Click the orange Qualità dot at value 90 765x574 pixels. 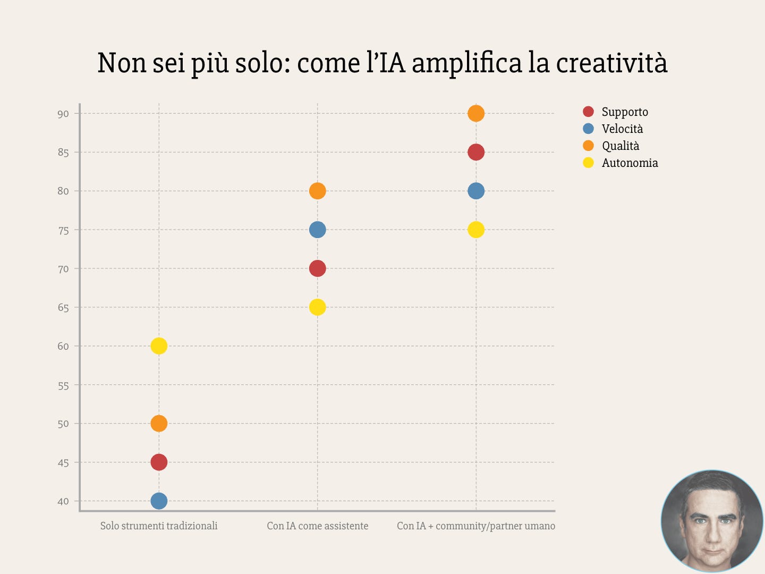point(476,113)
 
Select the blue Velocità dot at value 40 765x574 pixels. point(159,501)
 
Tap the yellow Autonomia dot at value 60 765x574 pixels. point(159,346)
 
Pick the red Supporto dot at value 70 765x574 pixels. point(317,268)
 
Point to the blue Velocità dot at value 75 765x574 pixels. point(317,230)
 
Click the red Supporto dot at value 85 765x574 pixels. point(476,152)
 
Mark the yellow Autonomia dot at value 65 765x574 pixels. point(317,307)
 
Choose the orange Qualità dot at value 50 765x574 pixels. point(159,424)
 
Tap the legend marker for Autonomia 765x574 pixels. point(588,163)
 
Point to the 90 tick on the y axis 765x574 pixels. point(63,114)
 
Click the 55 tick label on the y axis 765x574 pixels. point(63,386)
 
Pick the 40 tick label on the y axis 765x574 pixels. point(63,501)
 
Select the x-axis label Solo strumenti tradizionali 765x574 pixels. point(159,526)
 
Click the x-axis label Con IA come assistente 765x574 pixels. point(317,526)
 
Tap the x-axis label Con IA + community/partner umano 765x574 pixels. point(476,526)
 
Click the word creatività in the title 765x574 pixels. point(611,63)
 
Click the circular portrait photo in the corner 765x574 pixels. point(712,521)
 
